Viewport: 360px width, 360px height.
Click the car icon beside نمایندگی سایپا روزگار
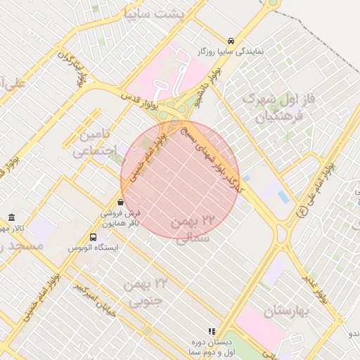click(231, 40)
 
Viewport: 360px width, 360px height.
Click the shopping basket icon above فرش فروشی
click(121, 202)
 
